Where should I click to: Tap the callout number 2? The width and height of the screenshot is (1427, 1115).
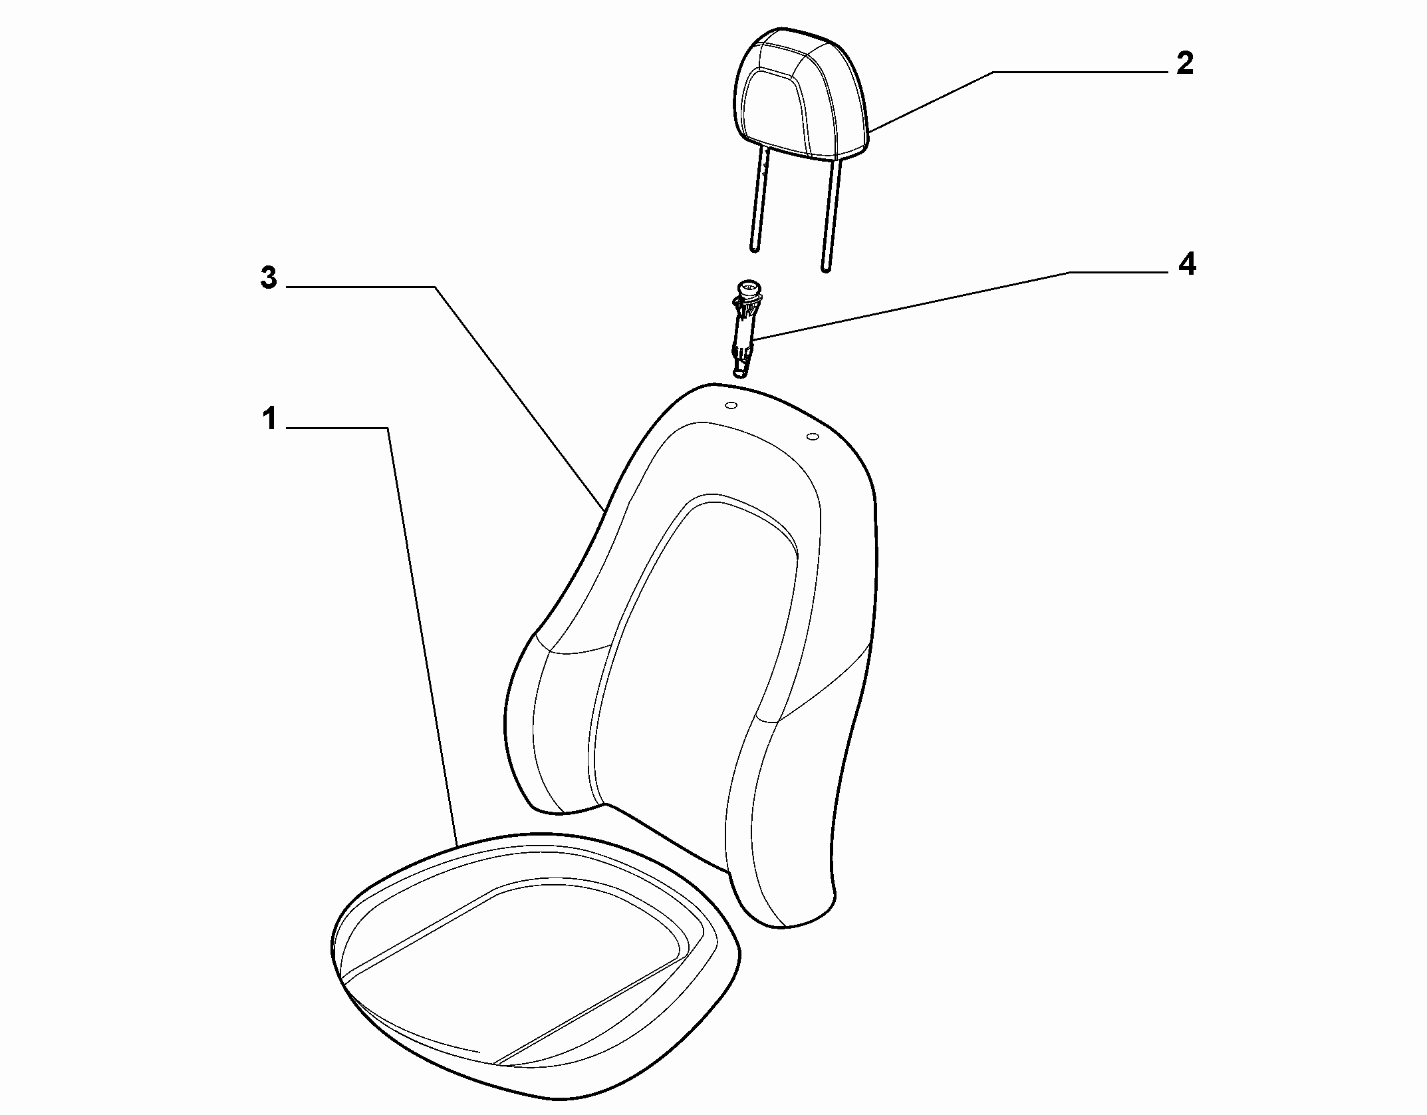point(1185,64)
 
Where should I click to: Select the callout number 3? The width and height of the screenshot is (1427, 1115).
point(269,279)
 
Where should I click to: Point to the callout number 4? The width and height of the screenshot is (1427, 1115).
point(1186,265)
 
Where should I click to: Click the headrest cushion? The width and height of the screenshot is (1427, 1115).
point(802,94)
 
